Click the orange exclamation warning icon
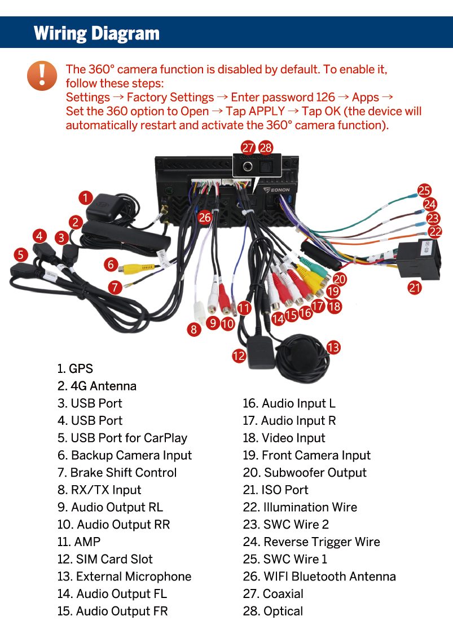point(42,76)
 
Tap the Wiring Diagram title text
point(96,34)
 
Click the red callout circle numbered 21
point(415,287)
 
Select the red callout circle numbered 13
point(333,348)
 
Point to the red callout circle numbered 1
point(86,198)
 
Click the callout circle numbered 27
point(248,147)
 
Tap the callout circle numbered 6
point(111,265)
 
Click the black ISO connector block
point(419,261)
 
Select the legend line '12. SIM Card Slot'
point(105,559)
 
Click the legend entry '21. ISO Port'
point(275,490)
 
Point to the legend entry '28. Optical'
point(273,611)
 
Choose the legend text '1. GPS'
point(75,368)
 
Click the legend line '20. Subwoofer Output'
point(304,473)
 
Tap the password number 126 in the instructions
point(326,98)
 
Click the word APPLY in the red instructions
point(267,111)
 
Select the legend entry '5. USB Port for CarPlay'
point(122,438)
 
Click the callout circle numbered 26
point(205,217)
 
